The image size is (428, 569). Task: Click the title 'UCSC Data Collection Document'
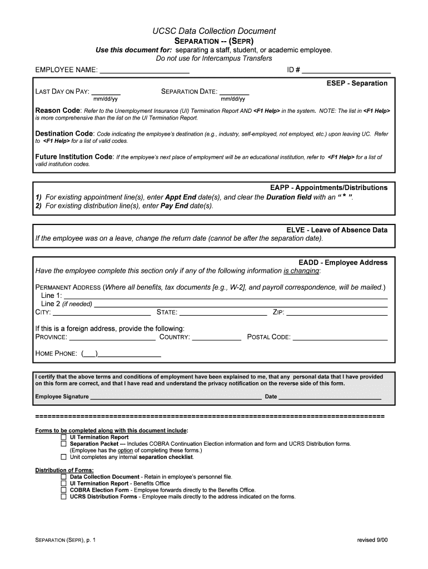(214, 31)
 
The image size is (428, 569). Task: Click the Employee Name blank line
(143, 71)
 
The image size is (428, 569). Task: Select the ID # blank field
(346, 71)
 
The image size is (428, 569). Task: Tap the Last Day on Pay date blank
(106, 92)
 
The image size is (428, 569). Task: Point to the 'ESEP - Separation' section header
(357, 83)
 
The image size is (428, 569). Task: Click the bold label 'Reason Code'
(58, 111)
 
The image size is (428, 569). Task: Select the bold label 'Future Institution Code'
(74, 157)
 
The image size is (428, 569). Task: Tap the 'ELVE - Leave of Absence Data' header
(337, 230)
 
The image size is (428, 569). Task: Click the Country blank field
(216, 337)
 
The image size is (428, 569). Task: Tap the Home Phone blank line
(130, 353)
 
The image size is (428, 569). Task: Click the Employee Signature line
(176, 397)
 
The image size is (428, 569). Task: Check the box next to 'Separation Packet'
(63, 444)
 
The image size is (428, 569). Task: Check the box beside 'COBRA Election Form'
(63, 490)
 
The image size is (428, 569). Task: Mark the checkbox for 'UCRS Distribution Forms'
(63, 497)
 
